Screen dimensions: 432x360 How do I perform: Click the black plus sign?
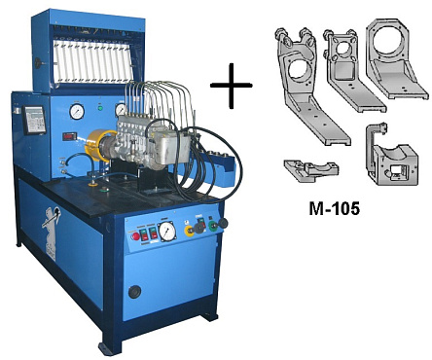click(x=232, y=86)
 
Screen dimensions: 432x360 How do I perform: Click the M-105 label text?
click(x=334, y=208)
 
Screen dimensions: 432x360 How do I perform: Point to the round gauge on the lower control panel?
click(x=166, y=232)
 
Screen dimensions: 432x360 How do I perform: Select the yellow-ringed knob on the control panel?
click(x=189, y=231)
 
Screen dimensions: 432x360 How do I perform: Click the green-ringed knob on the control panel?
click(x=213, y=226)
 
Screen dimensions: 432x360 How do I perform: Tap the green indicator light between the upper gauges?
click(x=100, y=108)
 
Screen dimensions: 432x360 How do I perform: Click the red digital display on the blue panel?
click(x=69, y=136)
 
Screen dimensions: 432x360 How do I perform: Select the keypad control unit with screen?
click(x=34, y=120)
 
